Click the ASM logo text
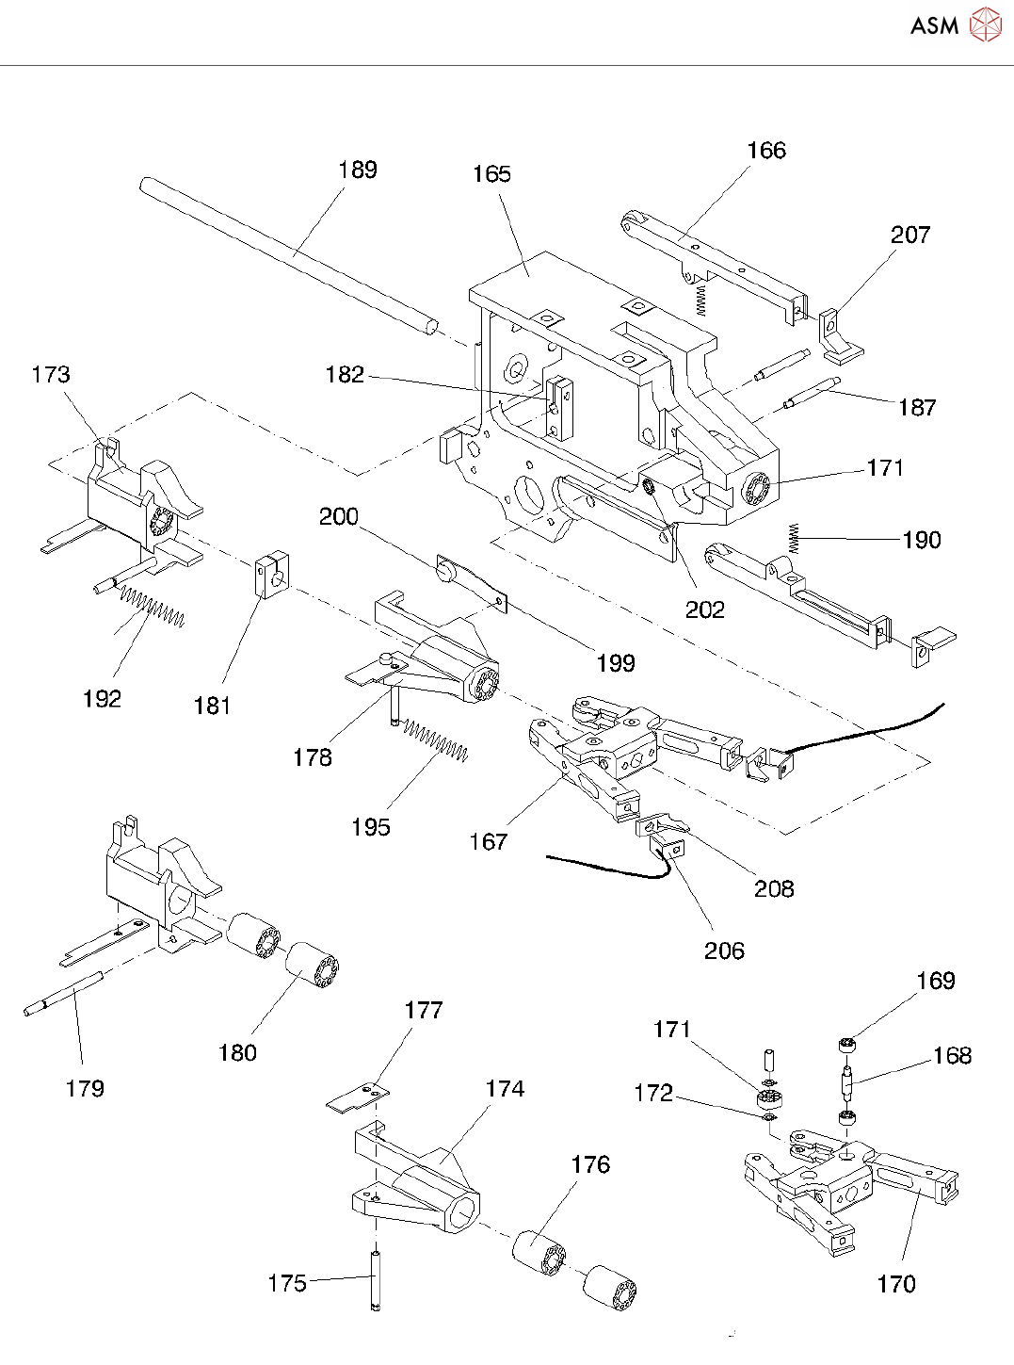coord(934,25)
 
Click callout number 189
coord(358,170)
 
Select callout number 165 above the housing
coord(491,174)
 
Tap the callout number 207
coord(910,235)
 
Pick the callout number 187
coord(917,407)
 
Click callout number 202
coord(704,609)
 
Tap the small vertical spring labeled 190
coord(795,538)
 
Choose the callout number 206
coord(724,951)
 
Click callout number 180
coord(237,1052)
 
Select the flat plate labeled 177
coord(358,1097)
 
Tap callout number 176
coord(590,1164)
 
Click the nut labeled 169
coord(845,1044)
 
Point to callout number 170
coord(895,1283)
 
